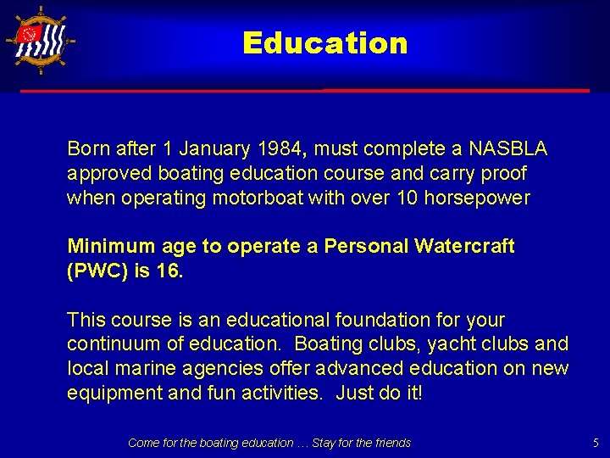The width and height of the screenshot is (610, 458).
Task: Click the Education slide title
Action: (324, 43)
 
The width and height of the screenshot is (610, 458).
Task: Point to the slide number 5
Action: (596, 443)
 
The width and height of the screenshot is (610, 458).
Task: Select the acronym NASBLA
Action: (508, 149)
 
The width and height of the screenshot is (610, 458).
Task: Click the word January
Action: (208, 149)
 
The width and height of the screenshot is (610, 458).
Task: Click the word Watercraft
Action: (465, 246)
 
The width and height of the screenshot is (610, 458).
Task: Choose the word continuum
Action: (112, 344)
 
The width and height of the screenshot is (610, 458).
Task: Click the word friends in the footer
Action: (391, 443)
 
